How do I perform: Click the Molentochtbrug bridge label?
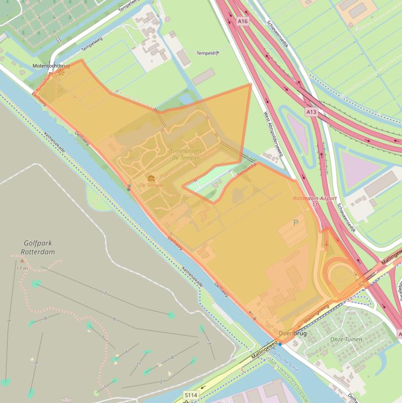click(x=51, y=66)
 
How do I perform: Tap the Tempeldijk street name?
click(x=208, y=53)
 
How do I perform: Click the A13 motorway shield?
click(x=312, y=112)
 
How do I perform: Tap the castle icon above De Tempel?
click(x=151, y=178)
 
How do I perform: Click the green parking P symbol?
click(x=296, y=223)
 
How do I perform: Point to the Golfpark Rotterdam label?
click(x=39, y=248)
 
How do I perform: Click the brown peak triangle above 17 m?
click(x=22, y=260)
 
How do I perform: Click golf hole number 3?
click(x=209, y=342)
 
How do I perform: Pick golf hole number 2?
click(x=161, y=381)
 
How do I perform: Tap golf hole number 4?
click(x=172, y=358)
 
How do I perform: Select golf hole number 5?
click(x=139, y=364)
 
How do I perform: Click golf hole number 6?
click(x=127, y=351)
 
